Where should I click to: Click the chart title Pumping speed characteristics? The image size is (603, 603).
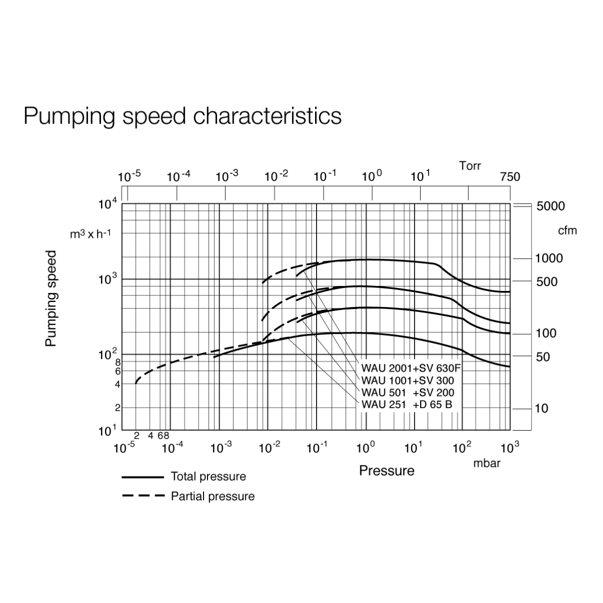[x=182, y=116]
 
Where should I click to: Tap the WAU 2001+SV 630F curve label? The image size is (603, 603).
[x=411, y=368]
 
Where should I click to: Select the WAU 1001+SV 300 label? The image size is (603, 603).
[x=408, y=380]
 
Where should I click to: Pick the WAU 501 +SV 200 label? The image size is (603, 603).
[x=408, y=392]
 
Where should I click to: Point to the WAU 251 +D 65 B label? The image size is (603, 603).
[x=407, y=405]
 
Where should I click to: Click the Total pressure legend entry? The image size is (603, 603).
[x=208, y=476]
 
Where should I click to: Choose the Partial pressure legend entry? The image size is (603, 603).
[x=213, y=496]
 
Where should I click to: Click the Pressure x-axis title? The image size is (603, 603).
[x=386, y=471]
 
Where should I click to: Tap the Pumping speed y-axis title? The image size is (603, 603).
[x=51, y=298]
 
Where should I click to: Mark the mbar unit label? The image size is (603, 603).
[x=487, y=463]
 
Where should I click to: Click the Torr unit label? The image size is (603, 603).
[x=470, y=166]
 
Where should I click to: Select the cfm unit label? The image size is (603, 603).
[x=567, y=231]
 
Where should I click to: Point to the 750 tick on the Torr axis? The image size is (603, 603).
[x=510, y=177]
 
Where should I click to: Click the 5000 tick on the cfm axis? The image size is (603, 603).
[x=550, y=206]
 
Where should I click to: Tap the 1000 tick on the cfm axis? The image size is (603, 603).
[x=549, y=258]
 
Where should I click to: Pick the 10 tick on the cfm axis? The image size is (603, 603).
[x=542, y=409]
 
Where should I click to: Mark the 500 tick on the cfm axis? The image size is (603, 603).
[x=546, y=282]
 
